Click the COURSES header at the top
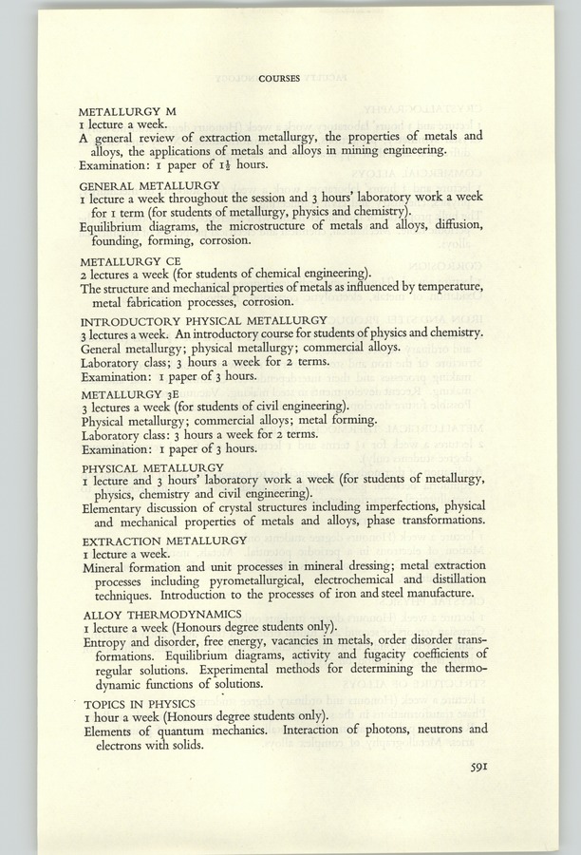[279, 79]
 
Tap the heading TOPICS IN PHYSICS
[136, 704]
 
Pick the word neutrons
[429, 731]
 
